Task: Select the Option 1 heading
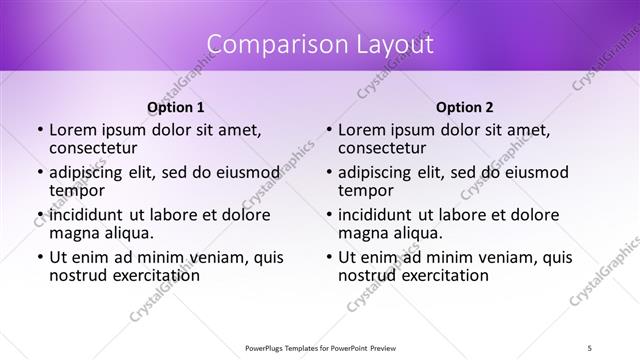tap(175, 107)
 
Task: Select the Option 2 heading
tap(464, 107)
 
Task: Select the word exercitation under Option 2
tap(438, 275)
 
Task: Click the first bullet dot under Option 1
tap(40, 130)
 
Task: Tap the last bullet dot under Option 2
tap(329, 257)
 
